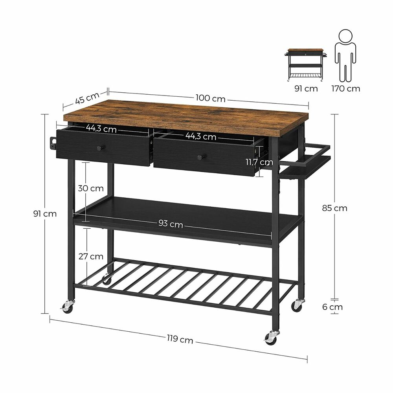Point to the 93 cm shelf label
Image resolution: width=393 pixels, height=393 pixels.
tap(171, 224)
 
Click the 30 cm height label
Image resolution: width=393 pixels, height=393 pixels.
tap(91, 188)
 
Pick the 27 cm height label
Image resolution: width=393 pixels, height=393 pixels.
tap(91, 257)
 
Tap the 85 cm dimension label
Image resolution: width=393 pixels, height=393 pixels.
tap(335, 208)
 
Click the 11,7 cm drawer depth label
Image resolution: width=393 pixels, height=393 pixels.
tap(258, 162)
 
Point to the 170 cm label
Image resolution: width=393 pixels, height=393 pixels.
tap(345, 88)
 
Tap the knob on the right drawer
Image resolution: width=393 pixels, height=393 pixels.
tap(201, 157)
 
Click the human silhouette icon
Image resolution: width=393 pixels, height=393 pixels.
tap(345, 55)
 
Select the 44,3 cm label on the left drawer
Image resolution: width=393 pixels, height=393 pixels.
tap(101, 129)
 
